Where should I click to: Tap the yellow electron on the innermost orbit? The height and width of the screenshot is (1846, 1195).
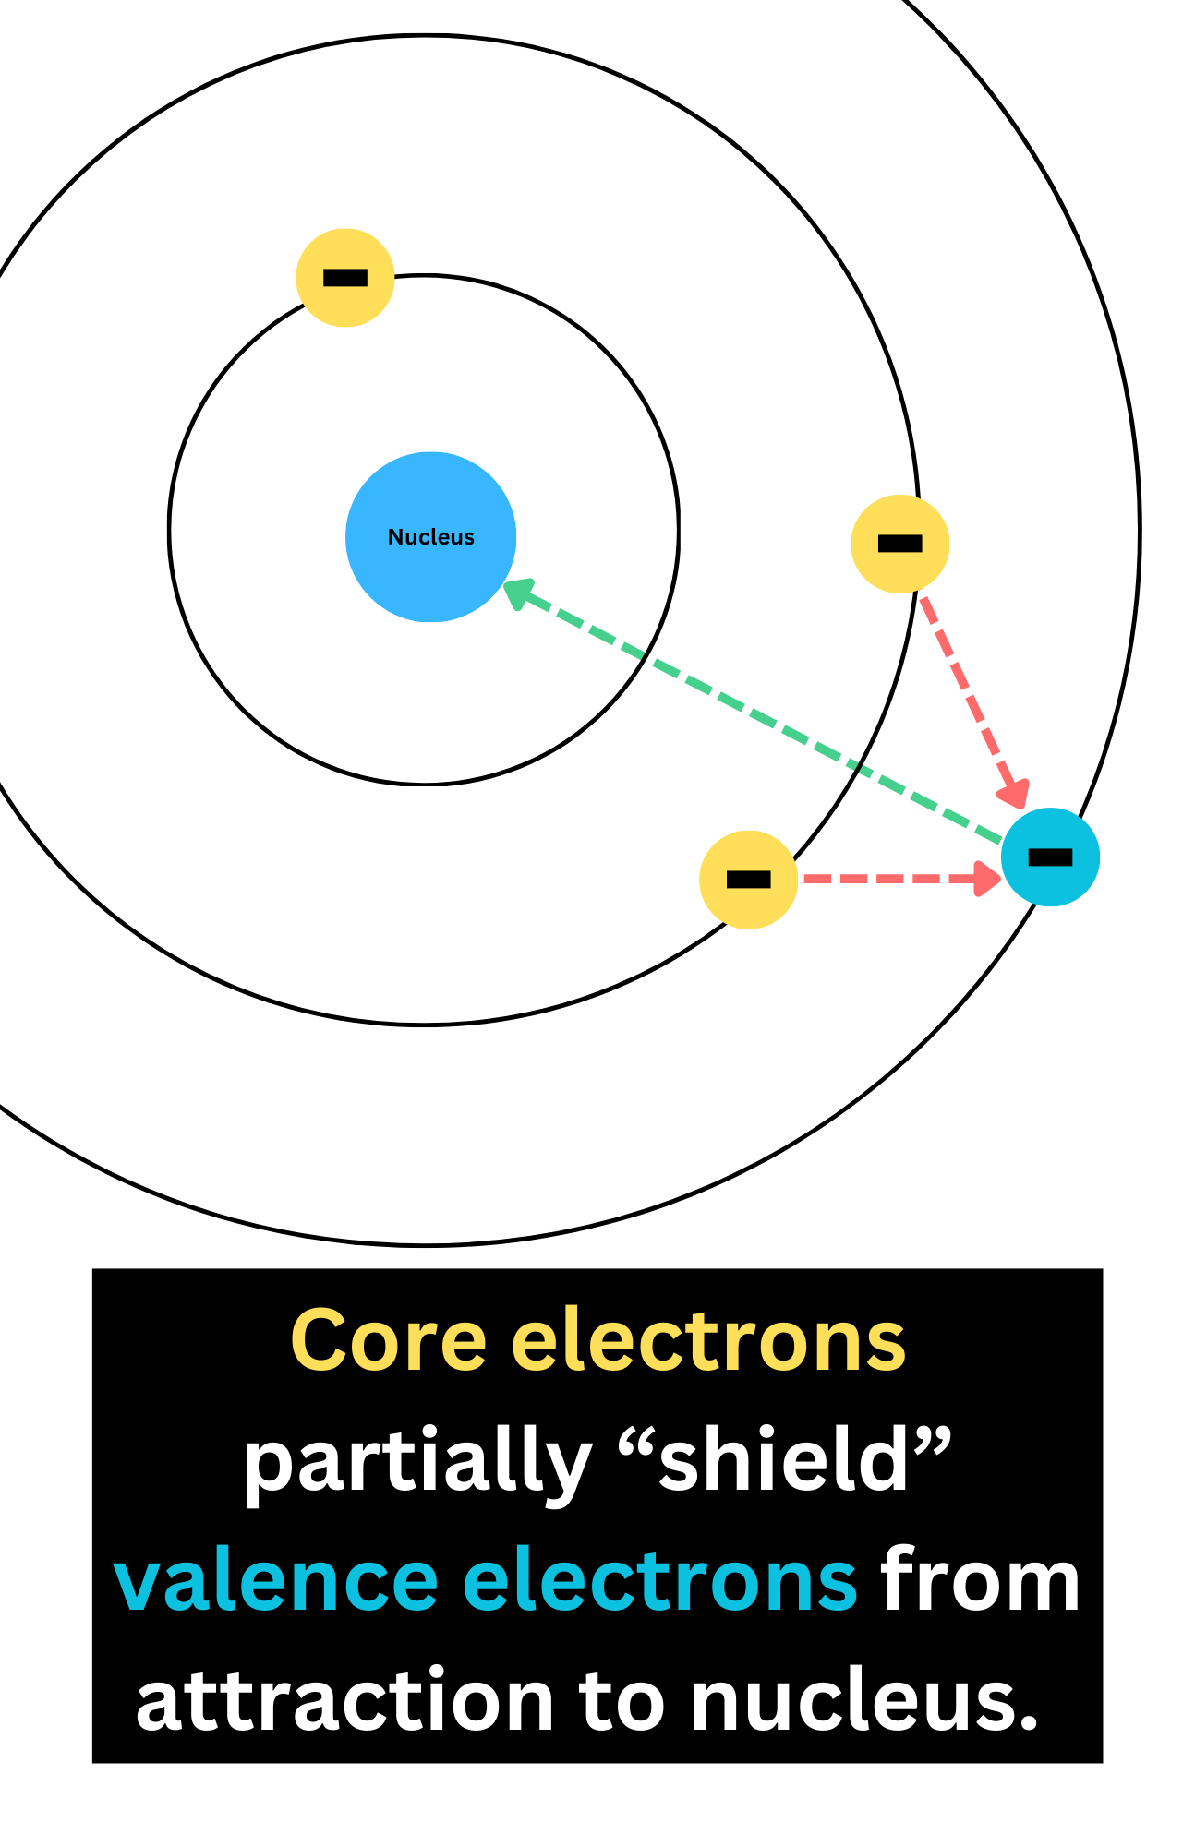(345, 278)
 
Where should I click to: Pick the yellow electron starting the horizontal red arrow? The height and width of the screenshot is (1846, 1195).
(749, 880)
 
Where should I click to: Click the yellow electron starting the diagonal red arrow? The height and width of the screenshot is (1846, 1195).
(900, 544)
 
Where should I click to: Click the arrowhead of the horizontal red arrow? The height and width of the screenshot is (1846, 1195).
(987, 879)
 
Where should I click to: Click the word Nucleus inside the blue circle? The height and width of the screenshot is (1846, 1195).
(430, 537)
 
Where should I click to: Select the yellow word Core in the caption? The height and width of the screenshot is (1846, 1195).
(388, 1341)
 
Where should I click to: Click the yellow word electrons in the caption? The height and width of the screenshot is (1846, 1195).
(708, 1341)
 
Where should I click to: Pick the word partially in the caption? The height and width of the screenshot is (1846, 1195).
(416, 1464)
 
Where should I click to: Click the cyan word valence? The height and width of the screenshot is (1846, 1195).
(275, 1582)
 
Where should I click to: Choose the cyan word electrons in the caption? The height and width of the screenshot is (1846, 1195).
(659, 1582)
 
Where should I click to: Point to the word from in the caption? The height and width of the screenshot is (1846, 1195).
(980, 1582)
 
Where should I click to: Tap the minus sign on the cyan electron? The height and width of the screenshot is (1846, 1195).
(1051, 857)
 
